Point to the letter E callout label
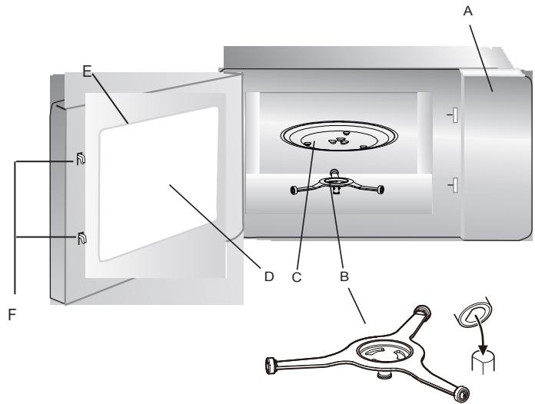coord(87,72)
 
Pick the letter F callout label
coord(11,313)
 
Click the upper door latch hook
coord(80,160)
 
